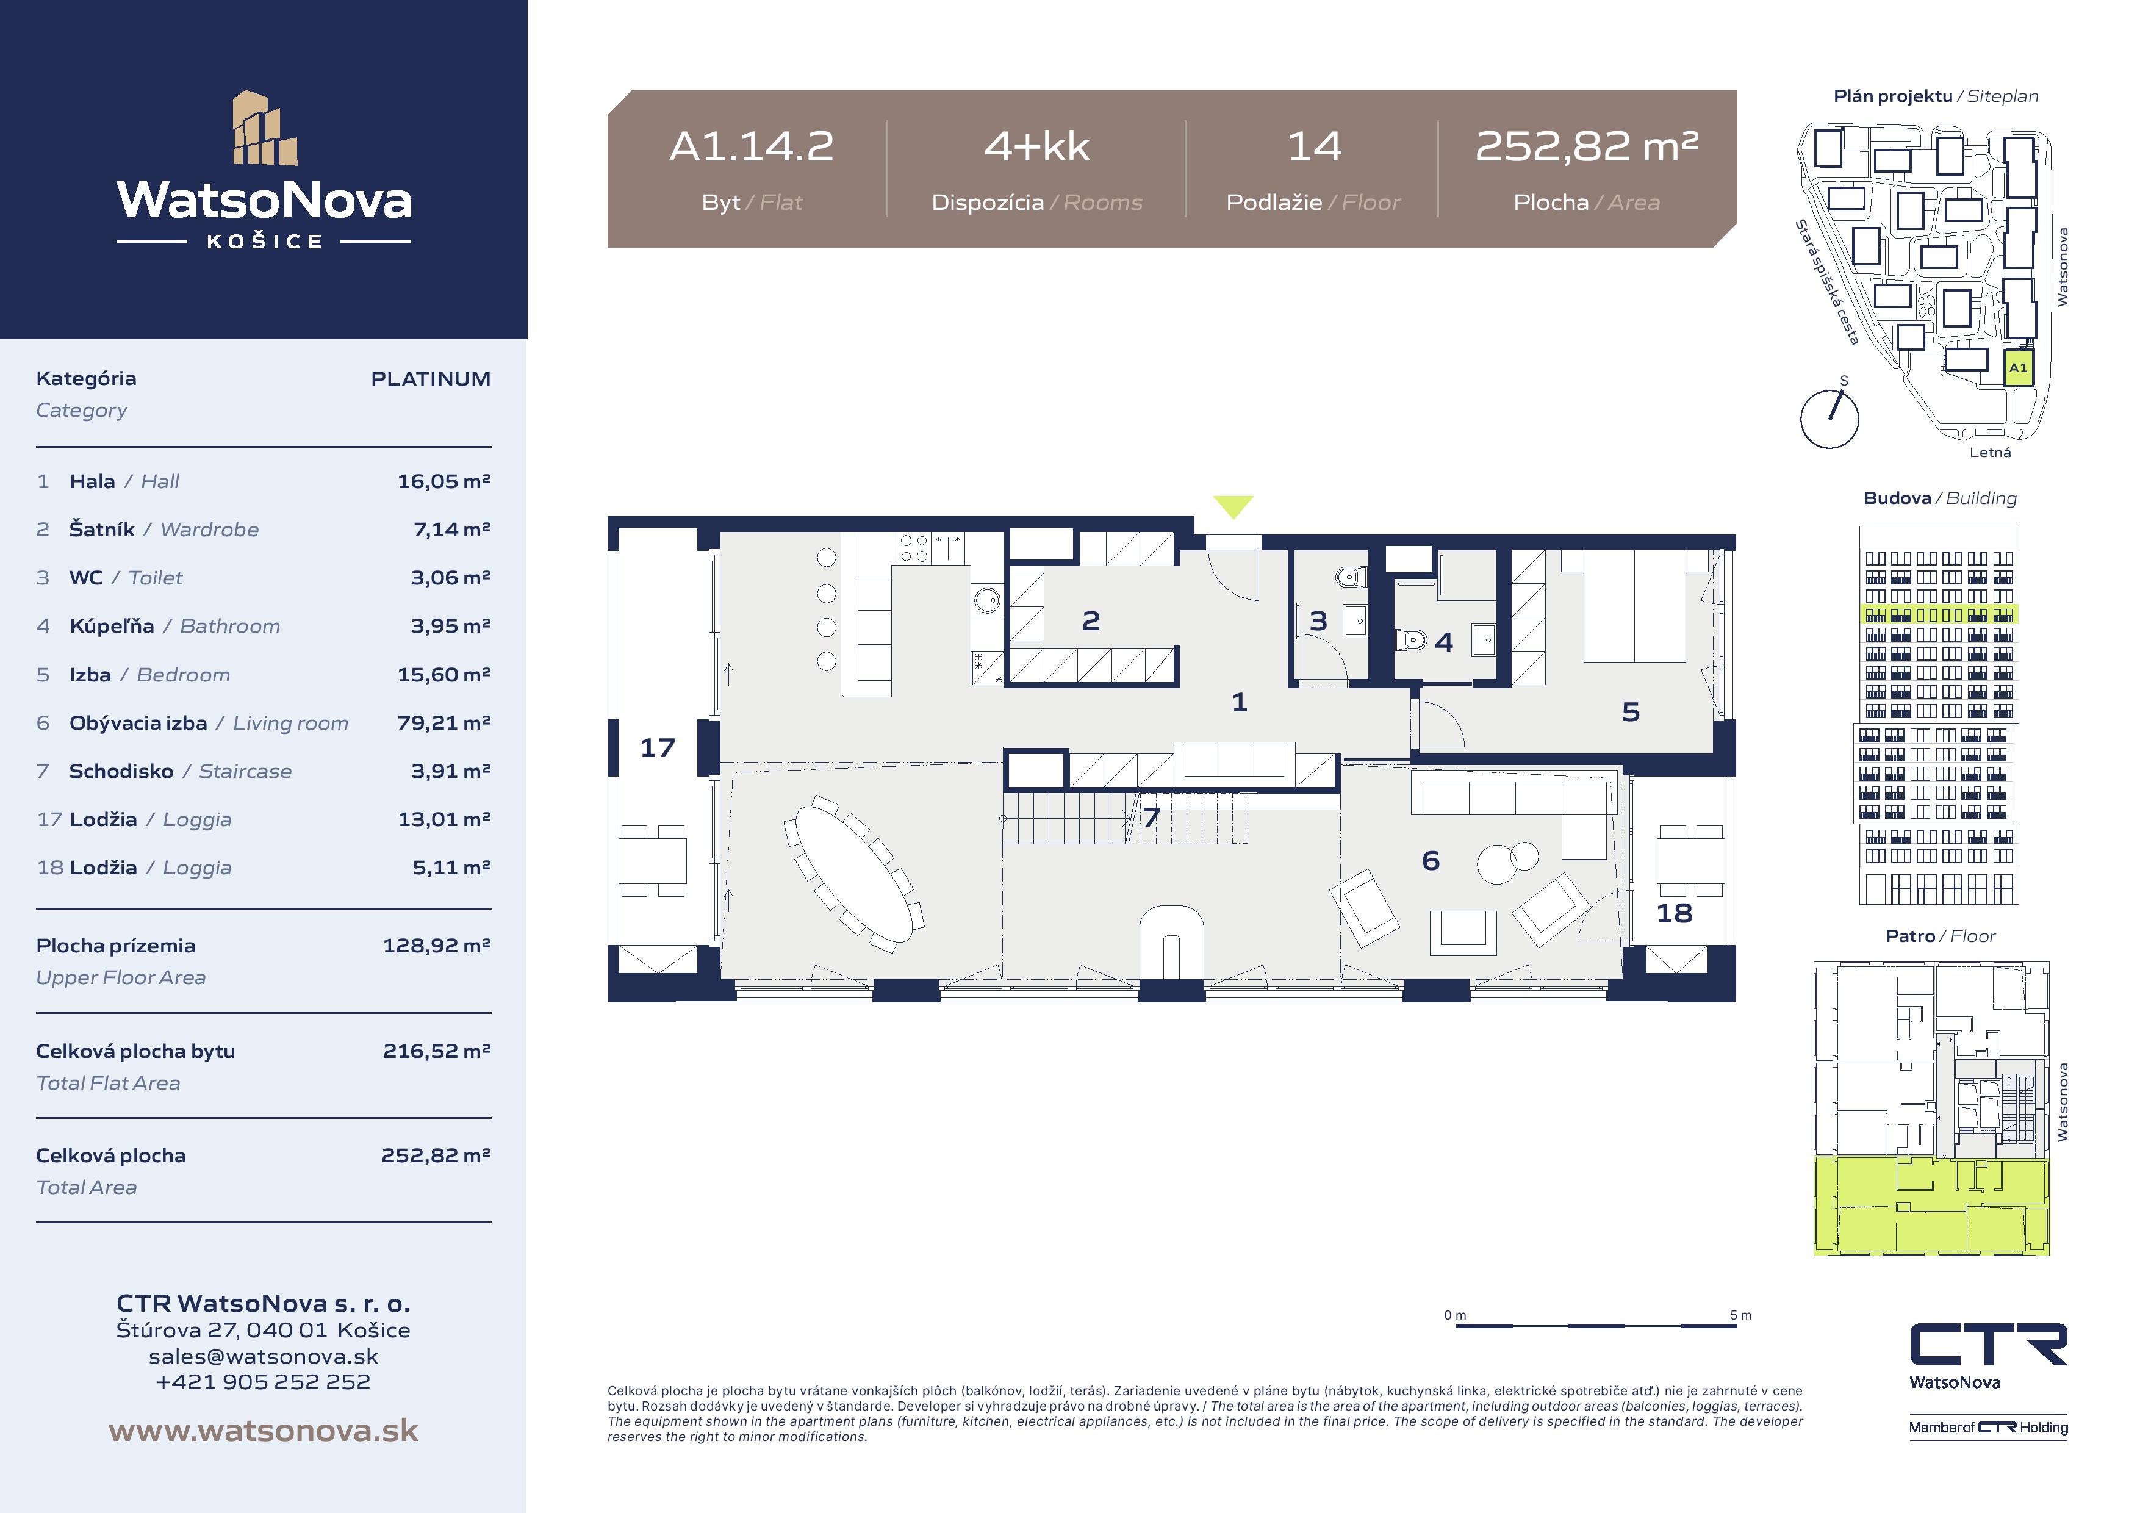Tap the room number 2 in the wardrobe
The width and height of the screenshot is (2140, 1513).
pos(1091,621)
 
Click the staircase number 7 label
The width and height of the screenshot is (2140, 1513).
pos(1152,818)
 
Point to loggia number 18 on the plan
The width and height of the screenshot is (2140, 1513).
pos(1674,913)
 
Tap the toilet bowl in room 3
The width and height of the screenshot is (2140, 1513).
pos(1351,577)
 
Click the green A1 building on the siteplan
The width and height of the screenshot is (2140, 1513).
pos(2018,368)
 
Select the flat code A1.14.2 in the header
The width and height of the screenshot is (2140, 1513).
pos(751,146)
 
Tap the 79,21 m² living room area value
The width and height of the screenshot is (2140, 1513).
pos(443,722)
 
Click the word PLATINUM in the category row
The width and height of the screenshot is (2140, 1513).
pos(431,378)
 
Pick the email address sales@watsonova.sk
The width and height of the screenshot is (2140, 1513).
pos(264,1356)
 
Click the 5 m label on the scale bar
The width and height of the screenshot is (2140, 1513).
pos(1740,1315)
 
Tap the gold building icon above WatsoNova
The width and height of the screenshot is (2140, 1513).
pos(265,128)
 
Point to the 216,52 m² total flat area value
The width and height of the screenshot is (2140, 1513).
pos(436,1051)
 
